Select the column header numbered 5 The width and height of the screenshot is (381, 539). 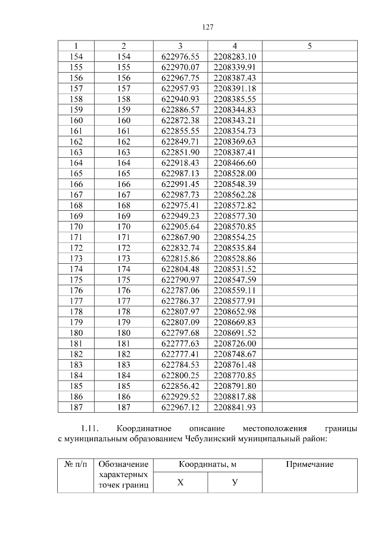click(x=310, y=46)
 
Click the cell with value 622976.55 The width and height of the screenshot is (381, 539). click(x=180, y=57)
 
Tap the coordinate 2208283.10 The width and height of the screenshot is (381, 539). click(x=235, y=57)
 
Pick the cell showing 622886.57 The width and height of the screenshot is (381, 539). click(x=180, y=110)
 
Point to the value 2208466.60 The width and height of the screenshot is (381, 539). click(x=235, y=163)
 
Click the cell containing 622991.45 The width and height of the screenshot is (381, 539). click(x=180, y=184)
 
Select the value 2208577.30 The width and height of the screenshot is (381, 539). click(x=235, y=216)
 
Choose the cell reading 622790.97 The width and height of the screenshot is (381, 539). click(x=180, y=279)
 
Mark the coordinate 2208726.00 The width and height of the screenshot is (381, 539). click(x=235, y=343)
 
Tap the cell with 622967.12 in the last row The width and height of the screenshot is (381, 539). click(x=180, y=407)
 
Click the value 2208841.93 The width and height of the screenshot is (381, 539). click(x=235, y=407)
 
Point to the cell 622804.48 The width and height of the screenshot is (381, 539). click(x=180, y=269)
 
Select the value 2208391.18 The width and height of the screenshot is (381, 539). click(x=235, y=88)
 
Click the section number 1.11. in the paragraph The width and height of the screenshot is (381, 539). click(x=92, y=429)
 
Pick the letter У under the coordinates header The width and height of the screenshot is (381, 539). click(x=235, y=482)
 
